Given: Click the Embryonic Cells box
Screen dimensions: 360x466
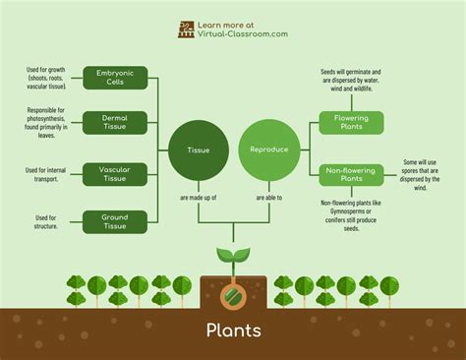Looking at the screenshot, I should (115, 78).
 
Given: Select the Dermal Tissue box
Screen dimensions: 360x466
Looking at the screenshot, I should (115, 123).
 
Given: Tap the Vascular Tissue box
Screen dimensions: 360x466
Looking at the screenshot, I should (115, 174).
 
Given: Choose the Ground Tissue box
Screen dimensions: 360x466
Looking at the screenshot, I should (115, 220).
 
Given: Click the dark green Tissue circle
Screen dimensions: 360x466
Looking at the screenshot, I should (198, 150).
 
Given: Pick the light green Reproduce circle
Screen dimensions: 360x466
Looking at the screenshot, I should (267, 150).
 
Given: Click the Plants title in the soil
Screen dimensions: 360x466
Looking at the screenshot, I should (233, 329).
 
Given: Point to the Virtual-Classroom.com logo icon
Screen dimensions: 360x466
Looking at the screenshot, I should (187, 29).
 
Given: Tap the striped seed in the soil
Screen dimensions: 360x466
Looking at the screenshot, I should (233, 292).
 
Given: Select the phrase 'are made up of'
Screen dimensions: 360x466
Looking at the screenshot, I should (198, 198).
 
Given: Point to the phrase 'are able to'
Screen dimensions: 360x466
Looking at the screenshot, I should (268, 198).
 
